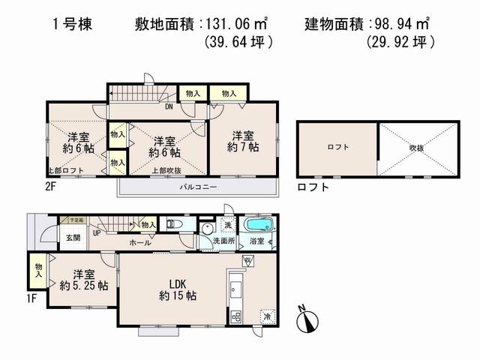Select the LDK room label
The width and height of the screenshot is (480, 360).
pos(177,283)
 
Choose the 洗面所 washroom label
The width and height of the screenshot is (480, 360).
pos(223,241)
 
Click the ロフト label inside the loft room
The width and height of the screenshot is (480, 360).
pos(337,148)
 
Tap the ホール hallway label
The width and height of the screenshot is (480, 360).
pos(139,242)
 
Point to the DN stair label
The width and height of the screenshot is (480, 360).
pos(169,106)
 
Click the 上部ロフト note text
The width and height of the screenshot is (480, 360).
pos(64,172)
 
